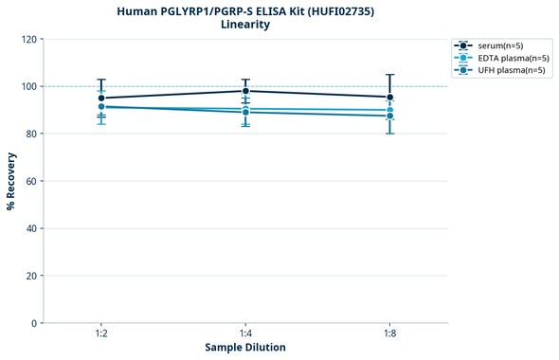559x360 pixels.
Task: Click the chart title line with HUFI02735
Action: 245,10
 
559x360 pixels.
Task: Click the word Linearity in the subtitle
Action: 245,25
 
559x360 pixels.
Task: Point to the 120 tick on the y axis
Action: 27,39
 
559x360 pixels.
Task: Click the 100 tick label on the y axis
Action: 27,86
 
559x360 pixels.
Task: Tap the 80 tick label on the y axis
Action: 30,134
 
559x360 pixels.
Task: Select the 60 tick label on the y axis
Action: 30,181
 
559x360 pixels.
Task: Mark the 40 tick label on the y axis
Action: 30,228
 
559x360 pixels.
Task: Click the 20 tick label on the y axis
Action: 30,276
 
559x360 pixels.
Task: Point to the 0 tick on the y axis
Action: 33,323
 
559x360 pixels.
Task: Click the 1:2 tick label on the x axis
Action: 100,334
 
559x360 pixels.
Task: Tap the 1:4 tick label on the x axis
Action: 245,334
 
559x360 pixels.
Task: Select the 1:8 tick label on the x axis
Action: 389,334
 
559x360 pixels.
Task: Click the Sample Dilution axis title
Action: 245,348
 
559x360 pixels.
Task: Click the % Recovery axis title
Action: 11,180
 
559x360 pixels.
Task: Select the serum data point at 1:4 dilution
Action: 245,91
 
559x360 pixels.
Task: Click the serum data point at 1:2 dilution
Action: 101,98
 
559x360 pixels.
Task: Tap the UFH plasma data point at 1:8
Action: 389,116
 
